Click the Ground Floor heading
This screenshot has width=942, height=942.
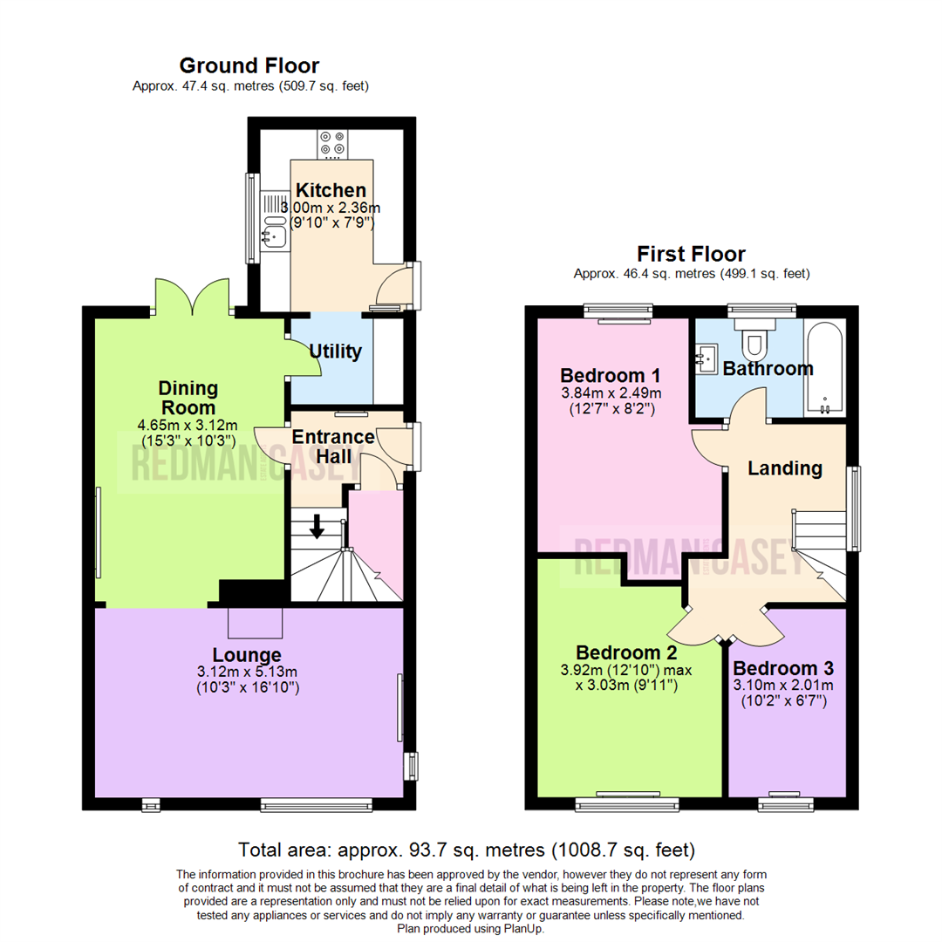249,65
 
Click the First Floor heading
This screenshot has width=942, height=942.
691,254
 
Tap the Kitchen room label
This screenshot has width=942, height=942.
331,190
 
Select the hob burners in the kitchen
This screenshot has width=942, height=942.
331,143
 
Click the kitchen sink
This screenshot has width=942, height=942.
273,234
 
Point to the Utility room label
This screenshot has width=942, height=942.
336,352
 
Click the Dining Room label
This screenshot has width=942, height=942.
188,398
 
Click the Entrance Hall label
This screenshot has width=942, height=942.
332,445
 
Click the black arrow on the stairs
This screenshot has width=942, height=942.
317,525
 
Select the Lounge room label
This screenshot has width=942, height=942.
247,654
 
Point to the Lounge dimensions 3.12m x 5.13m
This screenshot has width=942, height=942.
247,672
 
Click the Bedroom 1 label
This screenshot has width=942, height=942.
610,376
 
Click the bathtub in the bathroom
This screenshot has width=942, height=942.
824,367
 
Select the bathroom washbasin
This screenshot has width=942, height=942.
706,356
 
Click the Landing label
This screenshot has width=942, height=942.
785,468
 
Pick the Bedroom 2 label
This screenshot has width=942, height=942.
626,652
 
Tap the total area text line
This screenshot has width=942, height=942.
467,849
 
